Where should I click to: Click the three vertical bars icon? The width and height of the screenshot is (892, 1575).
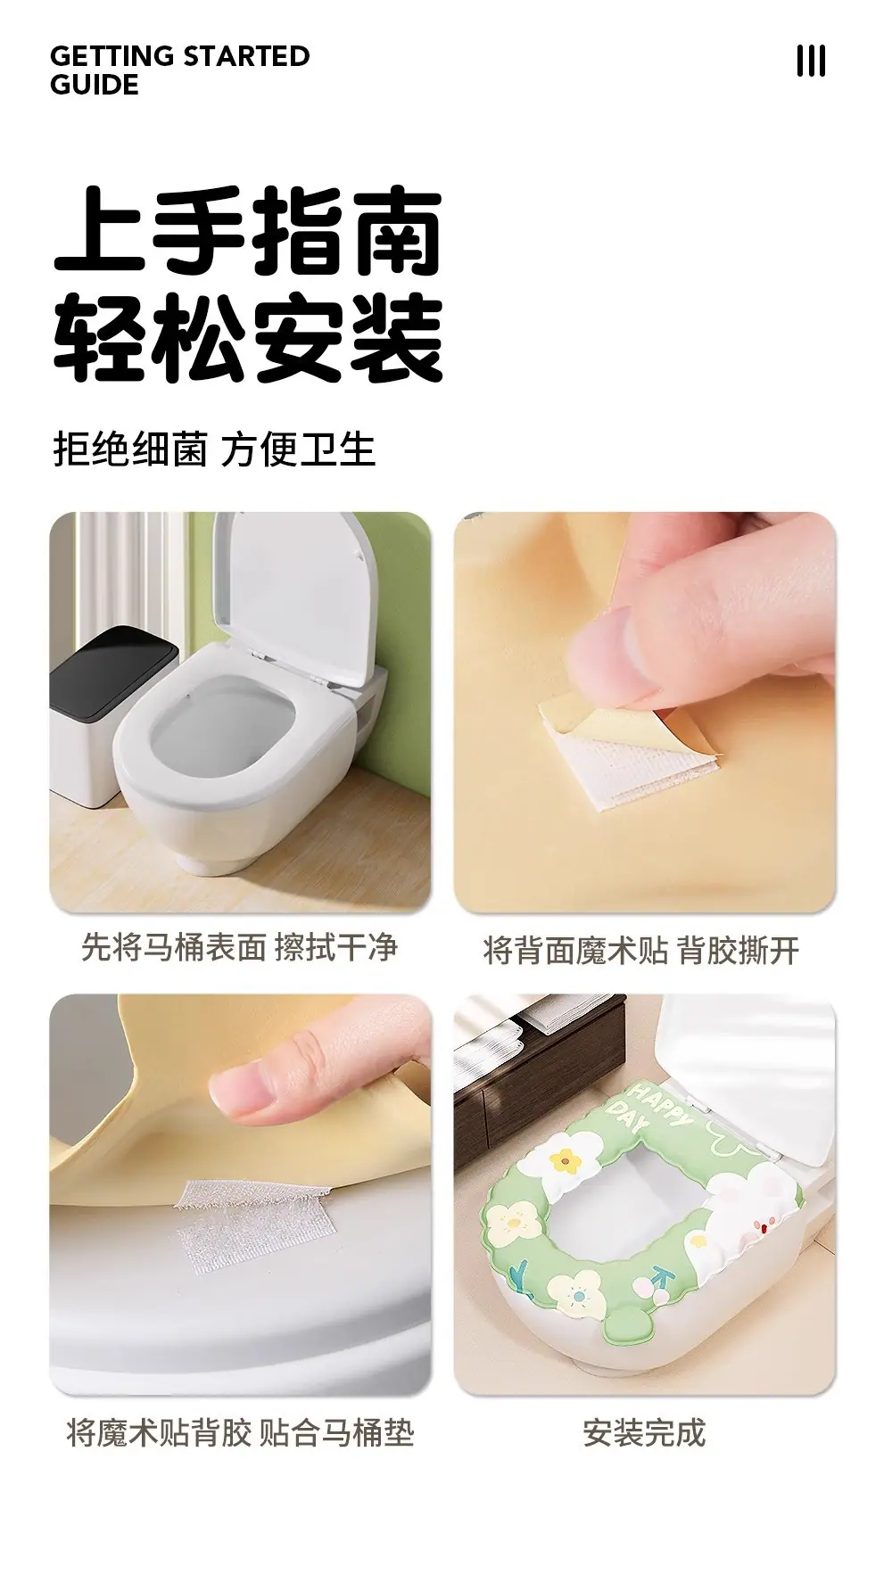click(x=811, y=62)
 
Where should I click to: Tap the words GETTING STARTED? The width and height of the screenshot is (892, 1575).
click(x=180, y=56)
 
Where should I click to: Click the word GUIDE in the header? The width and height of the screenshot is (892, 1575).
click(x=95, y=86)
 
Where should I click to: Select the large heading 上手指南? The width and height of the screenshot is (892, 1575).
click(x=248, y=232)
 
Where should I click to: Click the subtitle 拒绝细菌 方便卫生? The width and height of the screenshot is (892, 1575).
click(x=214, y=449)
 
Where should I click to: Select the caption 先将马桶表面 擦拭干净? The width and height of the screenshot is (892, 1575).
click(x=240, y=947)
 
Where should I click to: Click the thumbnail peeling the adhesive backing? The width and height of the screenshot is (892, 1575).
click(x=645, y=712)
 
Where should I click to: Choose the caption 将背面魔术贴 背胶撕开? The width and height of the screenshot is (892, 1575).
click(x=641, y=951)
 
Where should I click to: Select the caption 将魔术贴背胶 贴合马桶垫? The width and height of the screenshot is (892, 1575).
click(x=240, y=1433)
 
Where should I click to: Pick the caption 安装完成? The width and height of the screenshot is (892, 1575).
click(x=644, y=1433)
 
